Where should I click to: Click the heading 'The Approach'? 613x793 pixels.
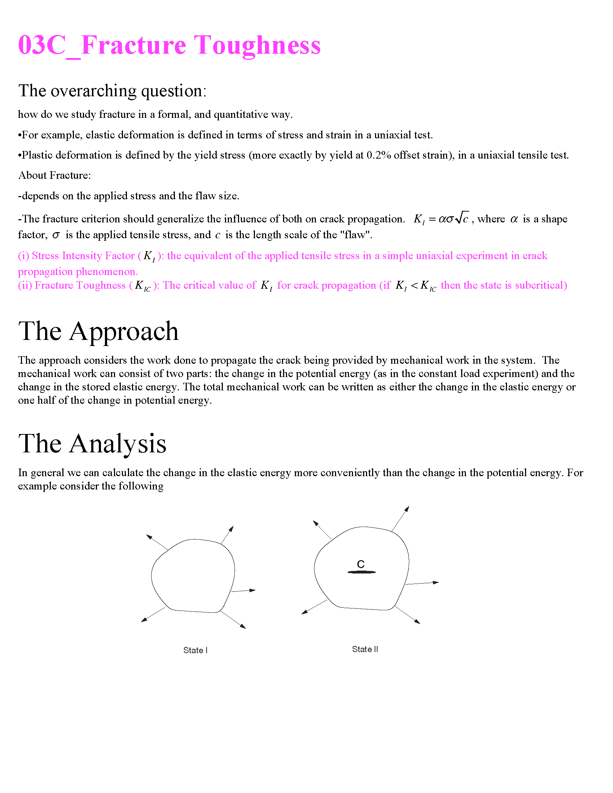tap(98, 331)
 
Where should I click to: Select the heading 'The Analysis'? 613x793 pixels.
tap(92, 443)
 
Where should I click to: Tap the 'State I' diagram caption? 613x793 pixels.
tap(195, 650)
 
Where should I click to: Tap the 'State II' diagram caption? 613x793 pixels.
tap(365, 649)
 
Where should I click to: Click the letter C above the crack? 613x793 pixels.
tap(361, 564)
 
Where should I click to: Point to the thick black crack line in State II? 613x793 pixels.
tap(361, 572)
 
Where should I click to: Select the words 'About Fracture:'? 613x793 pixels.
tap(54, 176)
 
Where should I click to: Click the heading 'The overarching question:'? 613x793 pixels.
tap(112, 91)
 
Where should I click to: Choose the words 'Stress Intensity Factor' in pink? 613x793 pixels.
tap(83, 256)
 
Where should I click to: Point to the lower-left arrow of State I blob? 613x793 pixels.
tap(153, 615)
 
